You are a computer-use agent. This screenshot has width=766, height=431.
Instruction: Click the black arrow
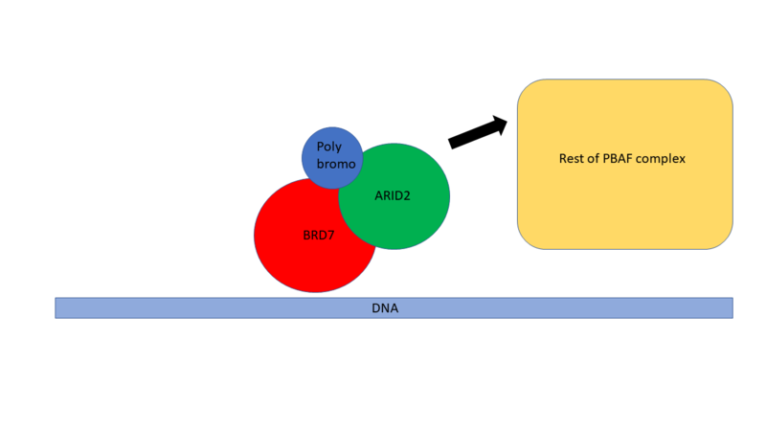(477, 132)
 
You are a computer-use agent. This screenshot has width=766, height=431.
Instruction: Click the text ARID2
(394, 196)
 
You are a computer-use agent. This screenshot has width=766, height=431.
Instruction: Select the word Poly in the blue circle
(329, 147)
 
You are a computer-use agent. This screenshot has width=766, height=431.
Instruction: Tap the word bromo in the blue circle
(336, 165)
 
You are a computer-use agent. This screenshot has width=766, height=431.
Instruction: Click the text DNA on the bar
(385, 308)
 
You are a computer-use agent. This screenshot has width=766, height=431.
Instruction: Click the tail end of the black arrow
(452, 144)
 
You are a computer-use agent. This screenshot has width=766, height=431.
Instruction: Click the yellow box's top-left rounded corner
(528, 89)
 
